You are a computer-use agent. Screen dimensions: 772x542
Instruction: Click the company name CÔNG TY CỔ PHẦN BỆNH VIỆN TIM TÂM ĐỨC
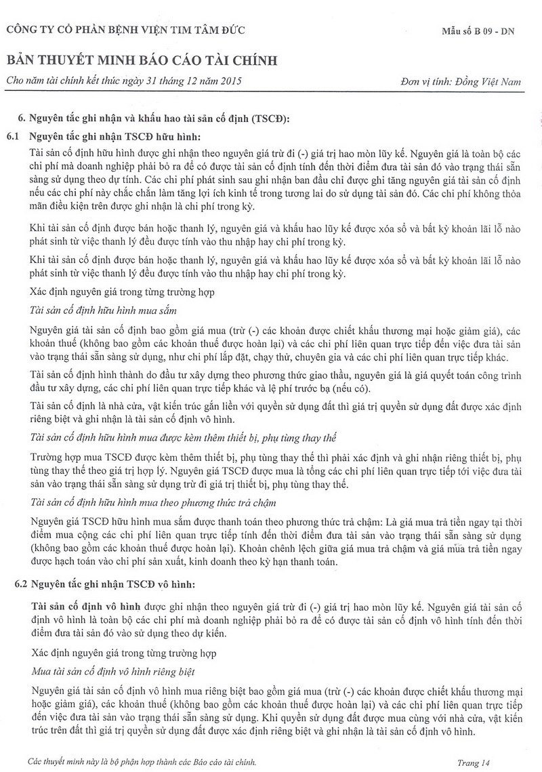125,30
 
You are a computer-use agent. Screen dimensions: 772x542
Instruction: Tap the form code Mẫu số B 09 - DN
477,32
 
